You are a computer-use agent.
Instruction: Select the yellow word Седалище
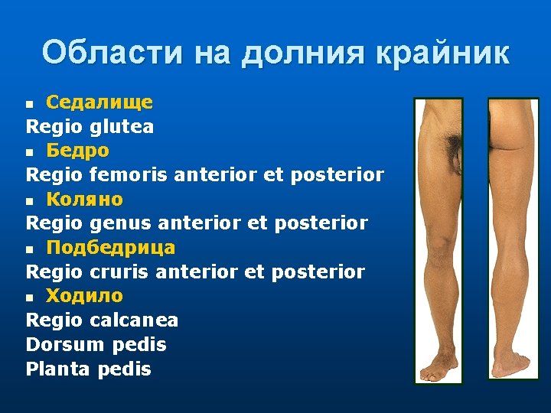(99, 102)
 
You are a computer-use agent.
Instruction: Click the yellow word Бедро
(77, 151)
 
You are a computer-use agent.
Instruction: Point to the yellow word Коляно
(84, 199)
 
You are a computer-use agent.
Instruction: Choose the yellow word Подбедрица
(110, 247)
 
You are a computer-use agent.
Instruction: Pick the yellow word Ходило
(84, 295)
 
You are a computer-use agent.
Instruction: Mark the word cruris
(119, 272)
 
